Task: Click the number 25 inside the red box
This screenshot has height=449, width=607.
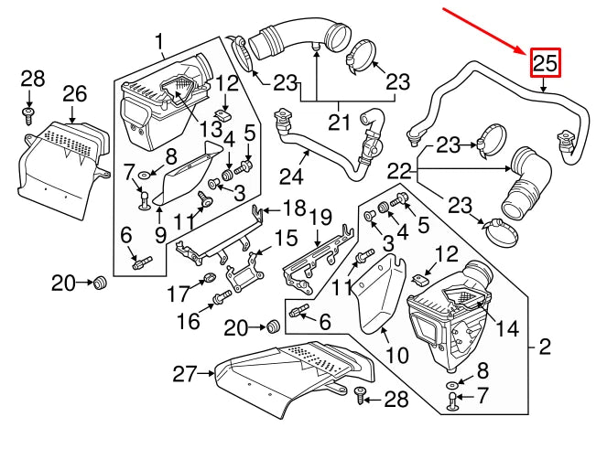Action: pyautogui.click(x=545, y=62)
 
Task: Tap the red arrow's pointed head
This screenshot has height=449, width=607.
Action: pyautogui.click(x=530, y=50)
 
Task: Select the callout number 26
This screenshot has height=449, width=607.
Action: pyautogui.click(x=75, y=94)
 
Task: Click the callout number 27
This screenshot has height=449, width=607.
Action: pyautogui.click(x=186, y=373)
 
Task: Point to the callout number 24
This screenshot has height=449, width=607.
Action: pyautogui.click(x=291, y=173)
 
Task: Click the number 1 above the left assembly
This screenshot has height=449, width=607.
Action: pyautogui.click(x=159, y=40)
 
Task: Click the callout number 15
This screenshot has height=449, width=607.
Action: pyautogui.click(x=286, y=238)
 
